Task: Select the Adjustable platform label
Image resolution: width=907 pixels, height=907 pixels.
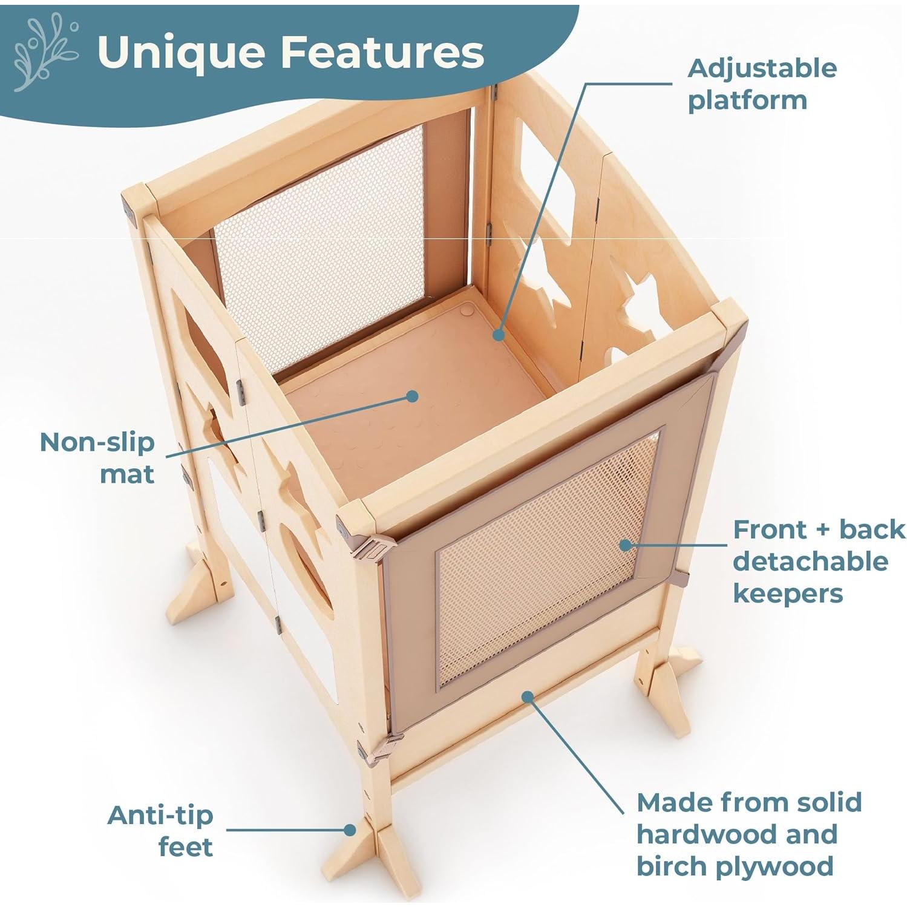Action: coord(762,84)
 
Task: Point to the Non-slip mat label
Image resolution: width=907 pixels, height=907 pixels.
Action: coord(97,458)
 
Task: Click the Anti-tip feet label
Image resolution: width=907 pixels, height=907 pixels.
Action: coord(160,831)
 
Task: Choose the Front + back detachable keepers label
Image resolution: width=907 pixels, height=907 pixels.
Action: coord(819,561)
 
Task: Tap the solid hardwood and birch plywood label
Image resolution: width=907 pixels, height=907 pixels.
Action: coord(749,834)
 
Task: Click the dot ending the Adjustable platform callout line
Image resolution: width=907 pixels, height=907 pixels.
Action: coord(498,334)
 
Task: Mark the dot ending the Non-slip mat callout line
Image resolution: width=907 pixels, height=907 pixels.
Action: coord(413,396)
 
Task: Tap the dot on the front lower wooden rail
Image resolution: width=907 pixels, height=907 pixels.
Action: coord(528,696)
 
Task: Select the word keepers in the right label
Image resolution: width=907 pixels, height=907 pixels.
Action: coord(787,594)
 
